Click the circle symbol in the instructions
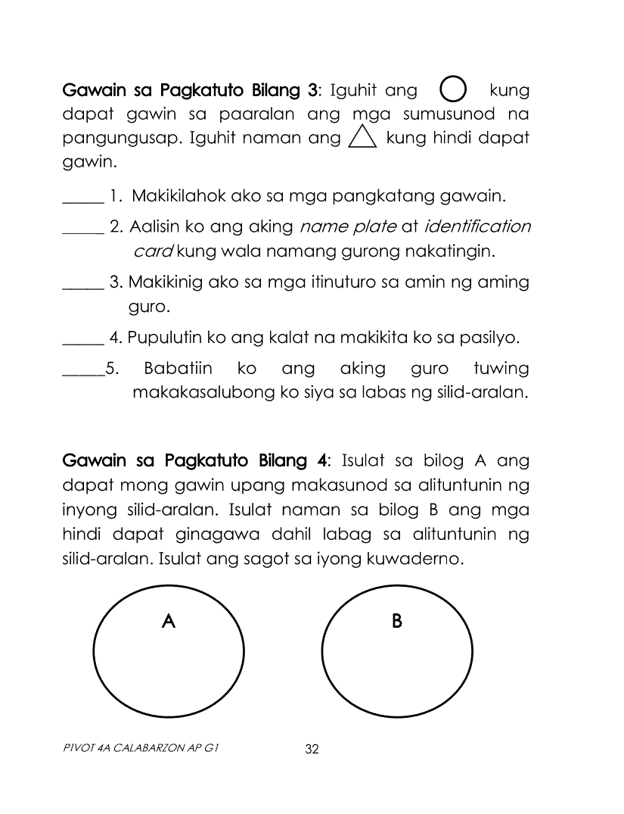(x=452, y=91)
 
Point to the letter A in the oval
(x=169, y=622)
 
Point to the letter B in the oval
(x=397, y=622)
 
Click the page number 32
(x=312, y=750)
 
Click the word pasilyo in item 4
(x=490, y=338)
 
